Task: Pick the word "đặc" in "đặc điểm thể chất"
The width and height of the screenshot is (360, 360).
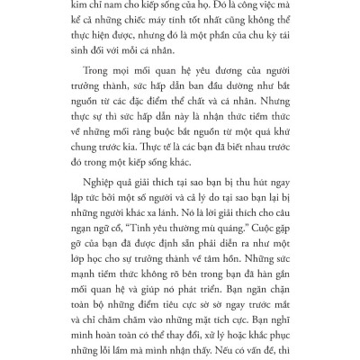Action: pos(167,129)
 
